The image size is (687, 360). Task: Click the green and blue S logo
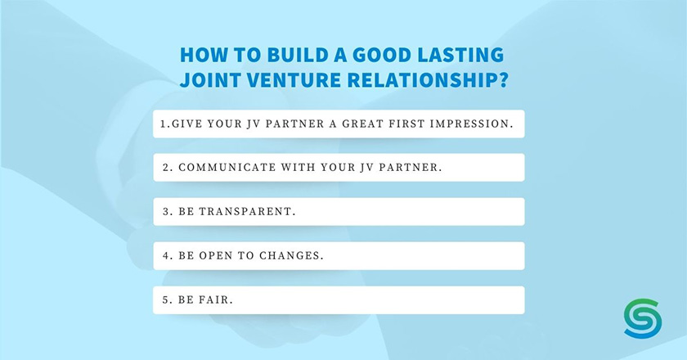point(643,319)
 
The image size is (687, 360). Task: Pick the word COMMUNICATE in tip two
point(227,168)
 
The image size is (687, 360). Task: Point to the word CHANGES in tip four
point(291,255)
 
